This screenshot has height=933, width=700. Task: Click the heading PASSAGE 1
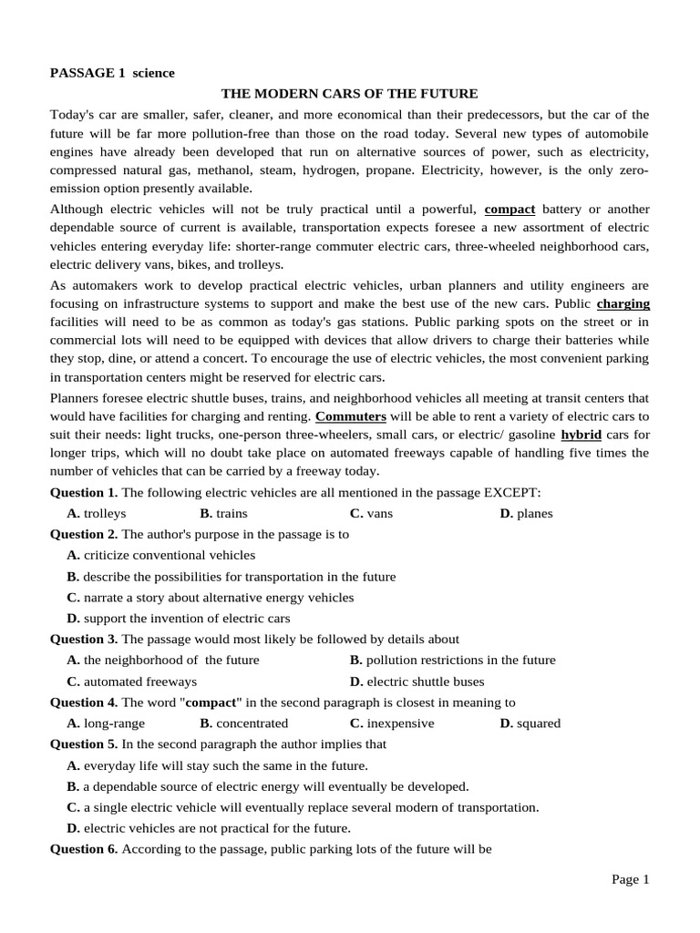tap(87, 73)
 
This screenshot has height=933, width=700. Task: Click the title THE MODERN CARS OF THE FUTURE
tap(350, 94)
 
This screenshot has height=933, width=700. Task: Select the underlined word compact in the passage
tap(510, 209)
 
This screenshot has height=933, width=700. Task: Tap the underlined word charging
tap(623, 303)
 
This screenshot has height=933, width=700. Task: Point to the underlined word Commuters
tap(351, 416)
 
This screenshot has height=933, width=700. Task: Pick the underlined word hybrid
tap(581, 435)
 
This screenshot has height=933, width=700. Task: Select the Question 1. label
tap(84, 492)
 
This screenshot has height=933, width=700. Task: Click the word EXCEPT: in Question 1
tap(511, 492)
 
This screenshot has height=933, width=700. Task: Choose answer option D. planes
tap(526, 513)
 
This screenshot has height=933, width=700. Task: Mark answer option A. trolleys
tap(97, 513)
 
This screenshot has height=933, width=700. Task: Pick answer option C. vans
tap(371, 513)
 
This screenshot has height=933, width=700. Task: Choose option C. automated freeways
tap(132, 682)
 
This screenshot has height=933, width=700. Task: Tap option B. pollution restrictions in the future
tap(452, 660)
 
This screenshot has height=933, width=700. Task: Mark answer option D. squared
tap(530, 723)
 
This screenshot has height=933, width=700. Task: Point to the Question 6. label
tap(84, 849)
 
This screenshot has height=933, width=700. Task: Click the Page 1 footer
tap(630, 879)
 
